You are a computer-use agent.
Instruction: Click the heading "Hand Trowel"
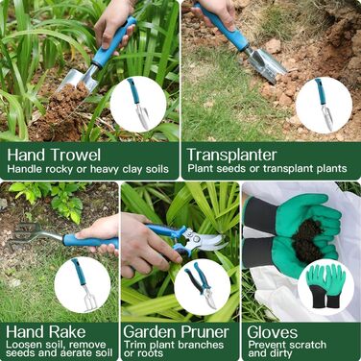coord(54,155)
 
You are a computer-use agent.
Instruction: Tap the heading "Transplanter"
coord(231,155)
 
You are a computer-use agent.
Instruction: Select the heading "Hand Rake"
coord(46,332)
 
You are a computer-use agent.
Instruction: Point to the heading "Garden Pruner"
coord(177,332)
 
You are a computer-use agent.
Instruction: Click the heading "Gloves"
coord(273,332)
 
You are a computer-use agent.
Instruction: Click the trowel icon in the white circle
coord(138,104)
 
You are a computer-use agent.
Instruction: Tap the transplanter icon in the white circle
coord(324,105)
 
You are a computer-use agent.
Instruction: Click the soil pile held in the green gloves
coord(306,241)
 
